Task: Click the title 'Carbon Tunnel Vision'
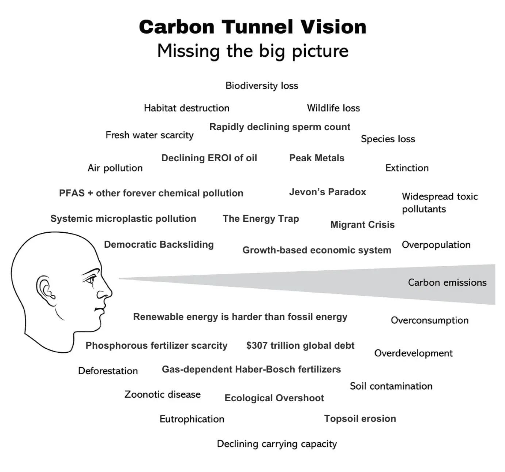pos(252,27)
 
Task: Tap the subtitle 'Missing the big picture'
pos(252,51)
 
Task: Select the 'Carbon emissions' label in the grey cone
pos(447,282)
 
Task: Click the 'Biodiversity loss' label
pos(262,86)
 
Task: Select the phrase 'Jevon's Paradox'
pos(327,192)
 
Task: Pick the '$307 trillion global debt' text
pos(300,345)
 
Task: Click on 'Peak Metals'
pos(317,158)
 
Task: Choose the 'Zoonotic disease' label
pos(162,394)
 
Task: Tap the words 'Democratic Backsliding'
pos(159,244)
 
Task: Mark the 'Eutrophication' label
pos(192,419)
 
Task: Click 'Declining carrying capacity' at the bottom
pos(277,444)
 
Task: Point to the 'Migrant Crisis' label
pos(362,225)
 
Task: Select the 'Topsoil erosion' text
pos(360,419)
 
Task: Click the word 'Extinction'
pos(407,168)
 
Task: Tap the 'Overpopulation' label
pos(436,245)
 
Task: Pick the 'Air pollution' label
pos(115,168)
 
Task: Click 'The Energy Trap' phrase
pos(261,218)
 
